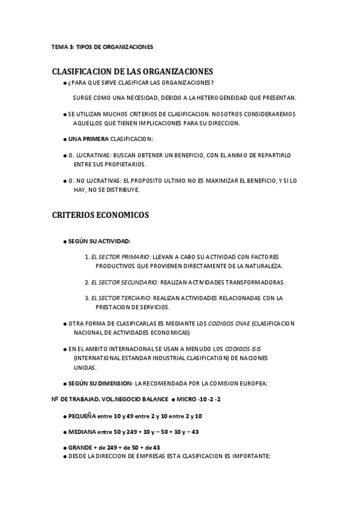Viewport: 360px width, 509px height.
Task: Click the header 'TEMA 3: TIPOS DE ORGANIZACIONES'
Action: coord(102,46)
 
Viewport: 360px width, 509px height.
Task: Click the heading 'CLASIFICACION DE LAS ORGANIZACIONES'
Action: coord(133,71)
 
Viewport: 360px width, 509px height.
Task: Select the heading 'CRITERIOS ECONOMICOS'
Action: coord(100,214)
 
